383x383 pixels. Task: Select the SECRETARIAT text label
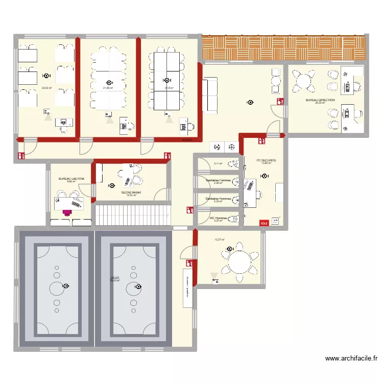point(131,193)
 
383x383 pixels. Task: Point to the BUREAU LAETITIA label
point(71,179)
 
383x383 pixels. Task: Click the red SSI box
point(264,223)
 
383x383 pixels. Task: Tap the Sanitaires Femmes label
point(218,180)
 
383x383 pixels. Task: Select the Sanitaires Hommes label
point(218,199)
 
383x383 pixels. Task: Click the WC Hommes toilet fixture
point(235,220)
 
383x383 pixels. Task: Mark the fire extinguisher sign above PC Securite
point(261,138)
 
